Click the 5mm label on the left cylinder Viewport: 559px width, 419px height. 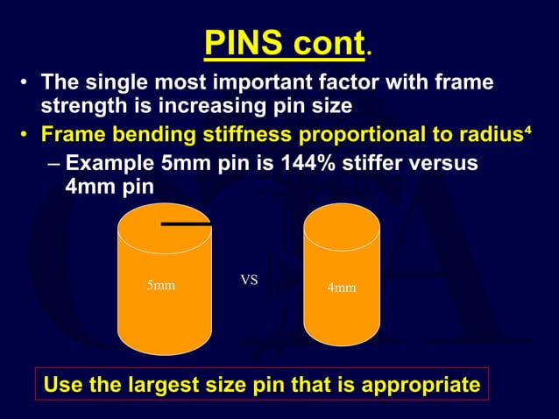click(x=159, y=286)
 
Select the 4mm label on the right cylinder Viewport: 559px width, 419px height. click(x=341, y=287)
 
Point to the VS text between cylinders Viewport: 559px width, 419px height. click(x=249, y=281)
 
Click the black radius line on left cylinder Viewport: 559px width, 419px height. click(x=186, y=224)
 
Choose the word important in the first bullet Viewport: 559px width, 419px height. click(x=261, y=83)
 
